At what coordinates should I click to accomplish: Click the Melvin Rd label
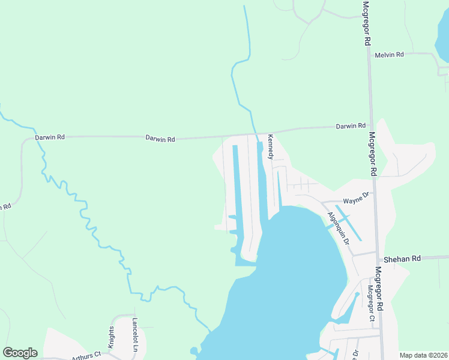click(x=389, y=55)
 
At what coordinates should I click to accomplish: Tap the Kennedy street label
click(x=271, y=146)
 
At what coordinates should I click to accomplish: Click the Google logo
click(x=20, y=353)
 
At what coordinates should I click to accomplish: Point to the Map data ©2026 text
click(x=423, y=355)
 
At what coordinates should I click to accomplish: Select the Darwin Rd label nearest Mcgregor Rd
click(x=351, y=126)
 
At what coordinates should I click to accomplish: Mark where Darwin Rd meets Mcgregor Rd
click(x=370, y=125)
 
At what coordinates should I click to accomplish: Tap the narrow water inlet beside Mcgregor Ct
click(x=349, y=309)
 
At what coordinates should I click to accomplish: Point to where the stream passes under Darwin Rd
click(x=256, y=133)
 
